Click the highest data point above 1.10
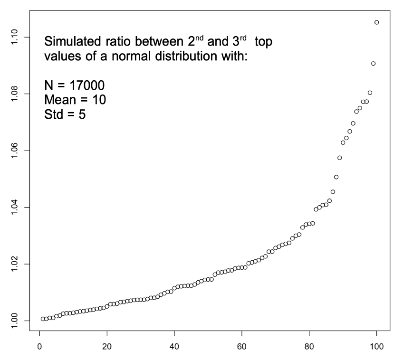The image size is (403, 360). [376, 22]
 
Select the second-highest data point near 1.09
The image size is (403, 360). [373, 64]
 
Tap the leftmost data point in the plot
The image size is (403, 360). [43, 319]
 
